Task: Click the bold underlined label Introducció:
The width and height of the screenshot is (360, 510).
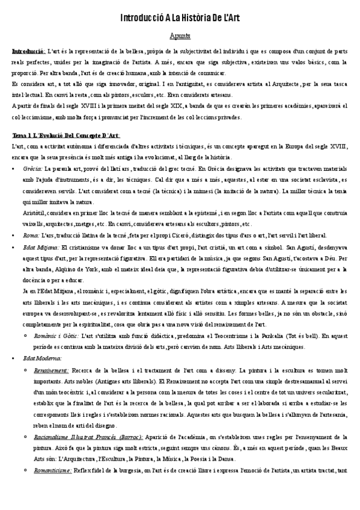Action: (x=28, y=52)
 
